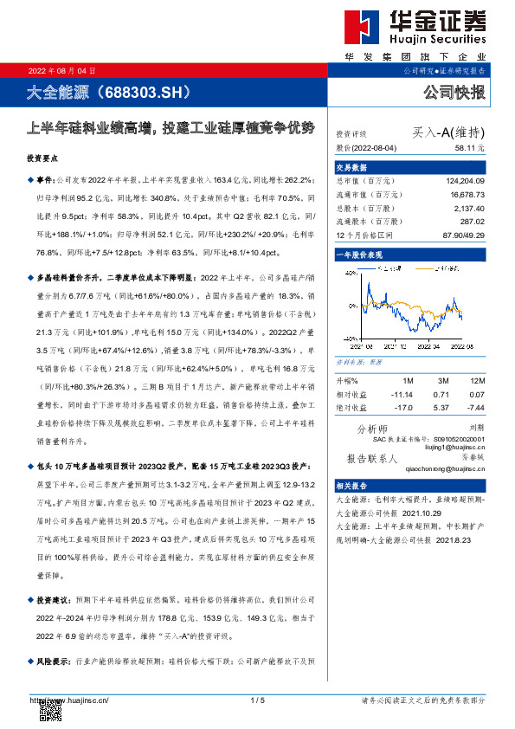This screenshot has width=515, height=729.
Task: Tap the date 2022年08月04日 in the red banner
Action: point(62,70)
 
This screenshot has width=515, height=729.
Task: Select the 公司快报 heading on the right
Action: point(454,92)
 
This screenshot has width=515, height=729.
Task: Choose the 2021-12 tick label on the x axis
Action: point(404,345)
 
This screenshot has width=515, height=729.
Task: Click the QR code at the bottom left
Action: point(51,709)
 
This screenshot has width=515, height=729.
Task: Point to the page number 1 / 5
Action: point(257,700)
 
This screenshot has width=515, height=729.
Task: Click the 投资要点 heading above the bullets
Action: point(44,158)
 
